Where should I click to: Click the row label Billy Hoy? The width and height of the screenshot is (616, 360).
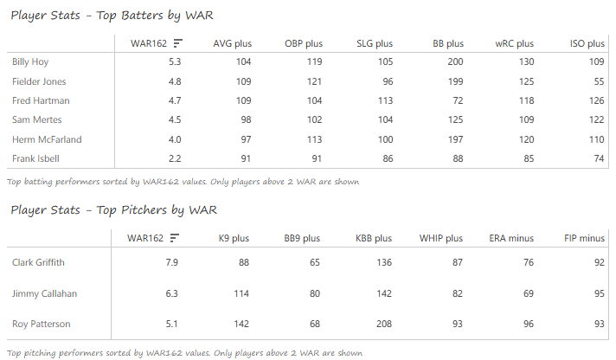pyautogui.click(x=30, y=61)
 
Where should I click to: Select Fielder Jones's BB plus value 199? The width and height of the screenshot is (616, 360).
pyautogui.click(x=453, y=81)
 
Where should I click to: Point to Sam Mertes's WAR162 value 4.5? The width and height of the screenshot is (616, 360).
pyautogui.click(x=173, y=120)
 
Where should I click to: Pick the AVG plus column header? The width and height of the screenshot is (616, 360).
pyautogui.click(x=231, y=43)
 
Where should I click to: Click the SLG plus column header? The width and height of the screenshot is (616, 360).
pyautogui.click(x=374, y=43)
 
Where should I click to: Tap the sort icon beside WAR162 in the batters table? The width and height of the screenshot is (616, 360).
pyautogui.click(x=177, y=43)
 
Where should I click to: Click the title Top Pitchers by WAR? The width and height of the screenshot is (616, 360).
pyautogui.click(x=112, y=209)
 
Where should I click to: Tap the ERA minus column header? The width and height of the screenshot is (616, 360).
pyautogui.click(x=509, y=238)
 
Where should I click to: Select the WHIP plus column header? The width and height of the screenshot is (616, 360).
pyautogui.click(x=440, y=238)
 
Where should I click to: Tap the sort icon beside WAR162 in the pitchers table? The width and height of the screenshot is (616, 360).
pyautogui.click(x=174, y=238)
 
